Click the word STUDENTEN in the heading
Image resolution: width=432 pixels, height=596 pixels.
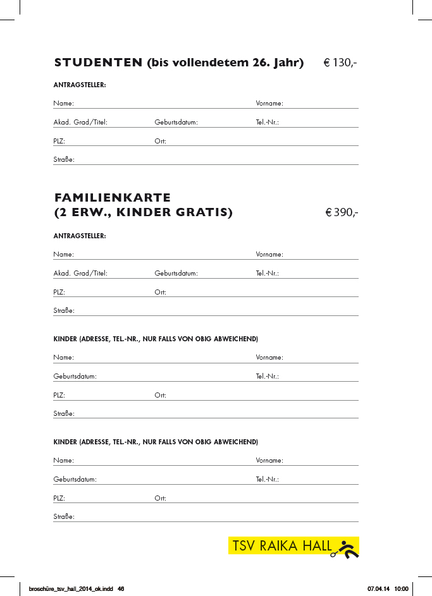[98, 63]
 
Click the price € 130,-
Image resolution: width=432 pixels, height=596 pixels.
[340, 63]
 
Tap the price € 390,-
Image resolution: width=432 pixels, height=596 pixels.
[342, 212]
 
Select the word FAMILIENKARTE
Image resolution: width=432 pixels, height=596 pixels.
[113, 198]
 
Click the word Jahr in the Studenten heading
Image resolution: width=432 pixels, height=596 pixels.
[287, 63]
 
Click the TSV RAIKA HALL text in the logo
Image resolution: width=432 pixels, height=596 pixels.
[282, 546]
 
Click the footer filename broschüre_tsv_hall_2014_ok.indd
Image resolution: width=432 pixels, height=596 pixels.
[66, 588]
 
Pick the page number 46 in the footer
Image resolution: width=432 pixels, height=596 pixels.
[121, 588]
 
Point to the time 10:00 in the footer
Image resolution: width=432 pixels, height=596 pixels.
[402, 588]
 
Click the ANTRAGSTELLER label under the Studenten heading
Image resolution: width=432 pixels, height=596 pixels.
[80, 85]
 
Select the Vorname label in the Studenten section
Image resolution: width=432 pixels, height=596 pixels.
[269, 103]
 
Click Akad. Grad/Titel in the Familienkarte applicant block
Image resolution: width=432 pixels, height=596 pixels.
[80, 274]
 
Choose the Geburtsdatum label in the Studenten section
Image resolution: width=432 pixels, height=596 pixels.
[176, 122]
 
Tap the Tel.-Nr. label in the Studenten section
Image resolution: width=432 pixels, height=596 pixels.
[267, 122]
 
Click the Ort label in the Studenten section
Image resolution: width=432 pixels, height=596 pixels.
[160, 141]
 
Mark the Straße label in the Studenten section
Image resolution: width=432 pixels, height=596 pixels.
[64, 160]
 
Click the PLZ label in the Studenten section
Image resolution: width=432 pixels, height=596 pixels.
[59, 141]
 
